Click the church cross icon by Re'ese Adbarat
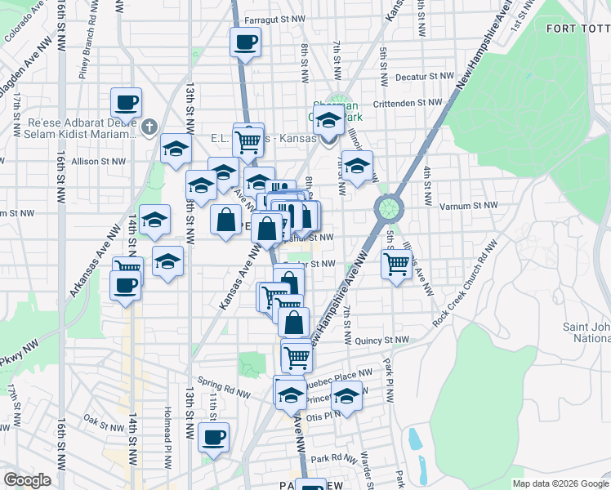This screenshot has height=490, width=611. pos(148,127)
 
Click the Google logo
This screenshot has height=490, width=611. pos(27,480)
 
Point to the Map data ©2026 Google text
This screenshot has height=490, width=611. pos(560,483)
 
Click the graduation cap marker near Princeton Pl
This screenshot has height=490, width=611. pos(346,398)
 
